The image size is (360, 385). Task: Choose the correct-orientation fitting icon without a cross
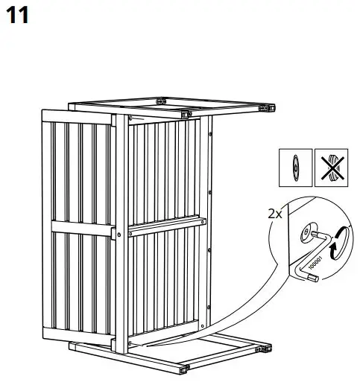coord(294,169)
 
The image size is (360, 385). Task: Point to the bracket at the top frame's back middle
coord(160,100)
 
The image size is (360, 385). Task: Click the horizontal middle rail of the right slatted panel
coord(165,226)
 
